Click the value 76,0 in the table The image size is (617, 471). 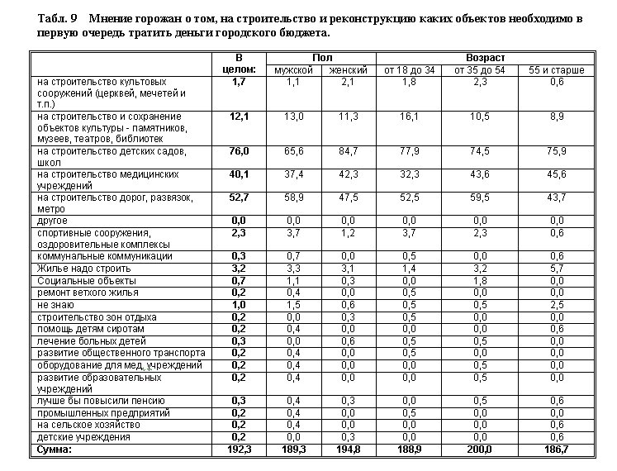point(240,151)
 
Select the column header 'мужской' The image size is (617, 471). point(293,70)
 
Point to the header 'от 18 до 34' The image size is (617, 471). point(409,70)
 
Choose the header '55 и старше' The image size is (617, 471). point(557,70)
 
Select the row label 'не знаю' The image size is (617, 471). point(54,304)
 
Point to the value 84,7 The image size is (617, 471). point(349,151)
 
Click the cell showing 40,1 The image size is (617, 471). point(240,174)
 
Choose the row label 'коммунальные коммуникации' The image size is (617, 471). point(104,256)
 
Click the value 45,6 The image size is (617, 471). point(557,174)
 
